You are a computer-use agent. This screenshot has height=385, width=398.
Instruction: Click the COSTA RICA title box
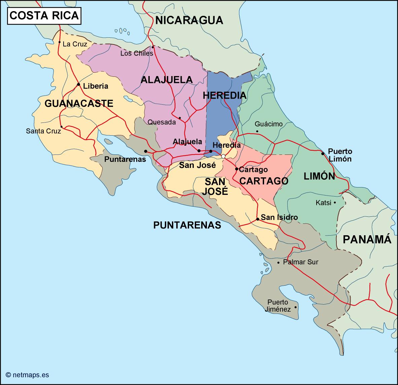(x=44, y=15)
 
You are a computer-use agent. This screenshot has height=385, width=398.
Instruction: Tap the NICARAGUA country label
(x=189, y=20)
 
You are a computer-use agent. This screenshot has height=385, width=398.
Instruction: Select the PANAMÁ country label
(x=367, y=239)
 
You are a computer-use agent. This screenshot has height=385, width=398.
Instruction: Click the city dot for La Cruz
(x=59, y=42)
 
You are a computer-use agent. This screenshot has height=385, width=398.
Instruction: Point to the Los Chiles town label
(x=137, y=53)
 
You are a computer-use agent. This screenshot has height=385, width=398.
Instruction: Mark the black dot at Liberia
(x=78, y=84)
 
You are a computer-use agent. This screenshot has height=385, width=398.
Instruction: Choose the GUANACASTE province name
(x=79, y=103)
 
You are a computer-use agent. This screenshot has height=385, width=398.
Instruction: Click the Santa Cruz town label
(x=43, y=131)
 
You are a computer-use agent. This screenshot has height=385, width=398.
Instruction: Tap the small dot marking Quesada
(x=180, y=118)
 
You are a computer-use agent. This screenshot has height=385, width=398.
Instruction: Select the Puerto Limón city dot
(x=323, y=153)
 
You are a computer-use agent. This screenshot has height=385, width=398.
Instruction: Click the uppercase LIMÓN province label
(x=319, y=176)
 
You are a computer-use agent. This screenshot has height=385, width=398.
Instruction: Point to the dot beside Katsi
(x=335, y=203)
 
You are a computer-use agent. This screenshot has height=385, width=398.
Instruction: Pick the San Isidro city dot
(x=257, y=219)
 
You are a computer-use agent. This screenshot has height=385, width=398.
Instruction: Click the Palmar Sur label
(x=300, y=262)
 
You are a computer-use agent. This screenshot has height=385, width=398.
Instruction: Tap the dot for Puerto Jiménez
(x=295, y=307)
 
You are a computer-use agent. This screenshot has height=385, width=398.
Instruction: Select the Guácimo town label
(x=268, y=124)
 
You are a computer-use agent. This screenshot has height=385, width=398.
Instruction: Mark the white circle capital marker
(x=223, y=156)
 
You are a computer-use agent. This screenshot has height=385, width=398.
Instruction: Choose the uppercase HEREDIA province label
(x=224, y=96)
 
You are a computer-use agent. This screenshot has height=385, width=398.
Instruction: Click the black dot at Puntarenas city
(x=146, y=151)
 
